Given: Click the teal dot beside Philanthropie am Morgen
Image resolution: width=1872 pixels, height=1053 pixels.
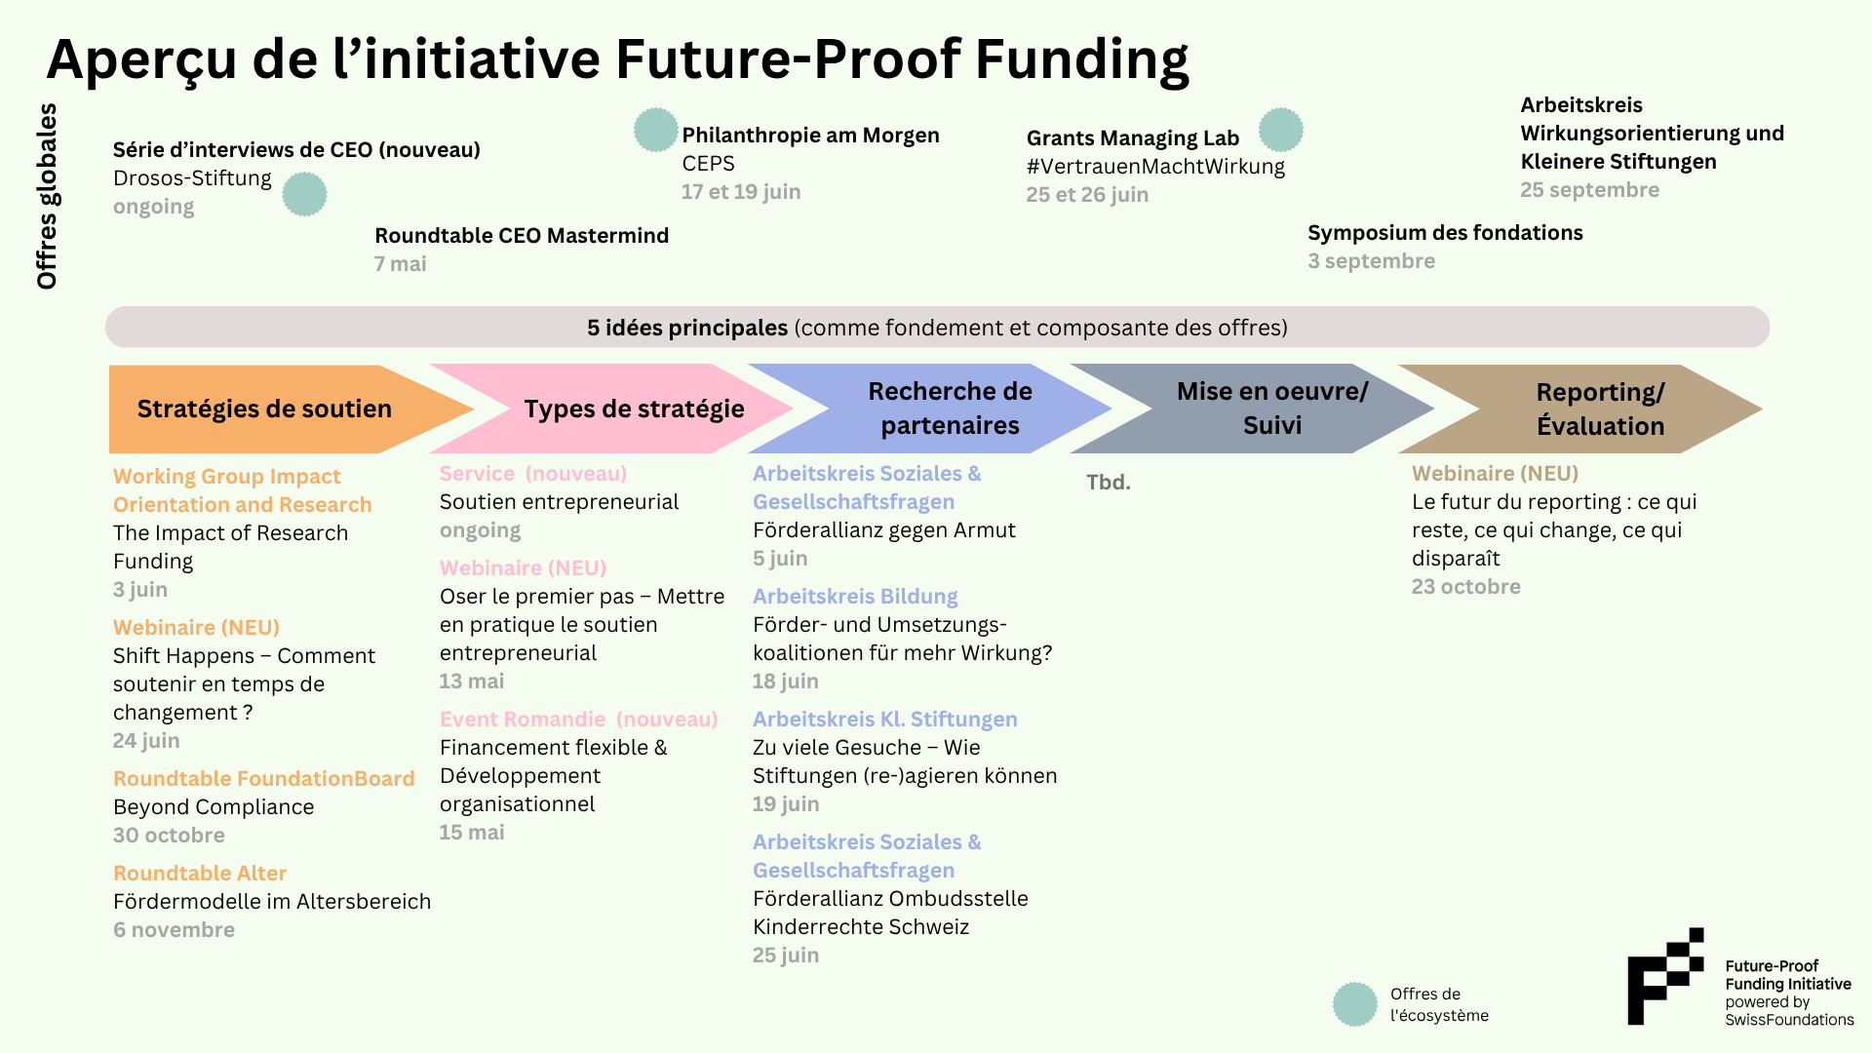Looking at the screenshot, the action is pyautogui.click(x=656, y=130).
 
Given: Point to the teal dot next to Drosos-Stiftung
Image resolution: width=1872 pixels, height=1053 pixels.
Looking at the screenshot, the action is pyautogui.click(x=305, y=194).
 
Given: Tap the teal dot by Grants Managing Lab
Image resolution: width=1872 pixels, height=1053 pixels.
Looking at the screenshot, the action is pyautogui.click(x=1281, y=130).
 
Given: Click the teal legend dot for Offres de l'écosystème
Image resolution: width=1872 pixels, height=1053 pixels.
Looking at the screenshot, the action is pyautogui.click(x=1355, y=1004).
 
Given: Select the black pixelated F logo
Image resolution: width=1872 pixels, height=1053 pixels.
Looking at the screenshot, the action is pyautogui.click(x=1665, y=976).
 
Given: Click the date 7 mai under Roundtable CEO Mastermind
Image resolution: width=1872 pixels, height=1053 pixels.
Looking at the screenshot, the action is pyautogui.click(x=401, y=264).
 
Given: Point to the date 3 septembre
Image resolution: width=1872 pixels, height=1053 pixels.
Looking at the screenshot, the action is pyautogui.click(x=1372, y=261).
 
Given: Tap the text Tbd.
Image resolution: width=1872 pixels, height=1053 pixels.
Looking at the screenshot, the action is pyautogui.click(x=1109, y=483).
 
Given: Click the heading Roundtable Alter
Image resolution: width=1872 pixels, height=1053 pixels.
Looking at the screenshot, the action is pyautogui.click(x=200, y=874).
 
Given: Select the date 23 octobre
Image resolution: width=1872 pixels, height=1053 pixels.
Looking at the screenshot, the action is pyautogui.click(x=1466, y=587).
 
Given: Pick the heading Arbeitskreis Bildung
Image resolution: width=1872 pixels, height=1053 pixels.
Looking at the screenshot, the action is pyautogui.click(x=855, y=597).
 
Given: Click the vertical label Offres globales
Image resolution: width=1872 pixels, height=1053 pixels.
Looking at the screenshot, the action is pyautogui.click(x=47, y=196).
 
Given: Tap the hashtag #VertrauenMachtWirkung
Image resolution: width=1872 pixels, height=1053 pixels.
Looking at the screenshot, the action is pyautogui.click(x=1155, y=167).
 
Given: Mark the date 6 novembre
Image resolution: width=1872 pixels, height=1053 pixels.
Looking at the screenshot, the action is pyautogui.click(x=174, y=930).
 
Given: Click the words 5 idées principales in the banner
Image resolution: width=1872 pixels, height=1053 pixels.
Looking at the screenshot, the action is pyautogui.click(x=687, y=328).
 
